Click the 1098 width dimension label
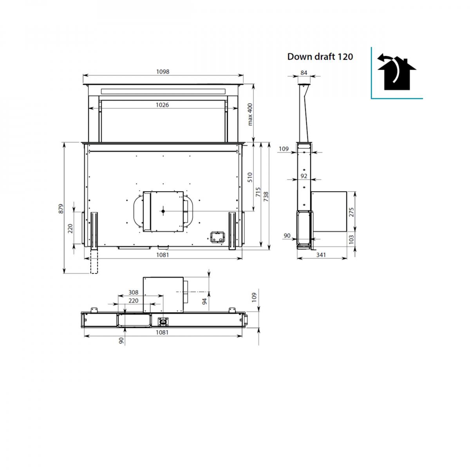(x=163, y=71)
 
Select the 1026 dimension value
(x=162, y=105)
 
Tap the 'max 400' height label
(x=250, y=114)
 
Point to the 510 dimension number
(x=250, y=177)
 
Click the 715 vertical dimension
(x=258, y=192)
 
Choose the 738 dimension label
(x=266, y=197)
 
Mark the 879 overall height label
(x=61, y=209)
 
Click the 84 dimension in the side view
(x=304, y=73)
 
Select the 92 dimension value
(x=304, y=176)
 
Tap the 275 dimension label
(x=351, y=212)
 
